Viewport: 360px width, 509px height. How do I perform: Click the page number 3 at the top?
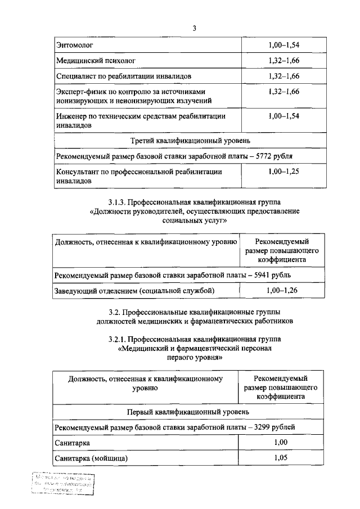pos(193,28)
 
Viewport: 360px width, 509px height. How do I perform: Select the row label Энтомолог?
pos(75,43)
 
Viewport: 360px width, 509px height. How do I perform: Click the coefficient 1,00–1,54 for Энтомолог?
pos(283,43)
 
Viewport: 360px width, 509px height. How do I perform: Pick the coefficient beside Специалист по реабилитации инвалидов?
pos(283,75)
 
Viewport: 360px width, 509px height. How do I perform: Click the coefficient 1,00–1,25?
pos(283,172)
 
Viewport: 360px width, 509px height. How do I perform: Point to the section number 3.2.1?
pos(121,339)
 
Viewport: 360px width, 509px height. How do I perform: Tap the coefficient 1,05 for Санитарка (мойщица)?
pos(281,458)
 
